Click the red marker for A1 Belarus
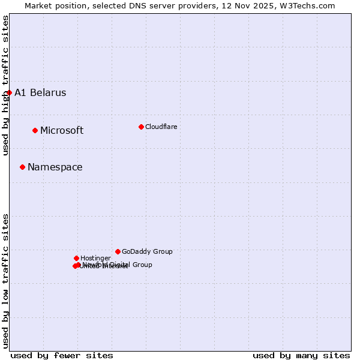click(9, 92)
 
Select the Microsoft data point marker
click(35, 130)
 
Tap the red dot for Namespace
click(22, 167)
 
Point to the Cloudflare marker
click(141, 127)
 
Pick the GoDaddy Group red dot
click(118, 251)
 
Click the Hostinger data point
click(76, 258)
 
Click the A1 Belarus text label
click(40, 92)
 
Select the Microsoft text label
click(62, 130)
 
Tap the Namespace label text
click(55, 167)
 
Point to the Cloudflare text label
click(161, 127)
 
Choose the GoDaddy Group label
click(147, 251)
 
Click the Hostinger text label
click(96, 258)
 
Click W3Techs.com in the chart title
click(306, 5)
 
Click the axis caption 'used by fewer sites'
click(62, 355)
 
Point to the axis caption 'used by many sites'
click(301, 355)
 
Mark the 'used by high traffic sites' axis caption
click(5, 85)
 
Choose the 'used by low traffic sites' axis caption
click(5, 281)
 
